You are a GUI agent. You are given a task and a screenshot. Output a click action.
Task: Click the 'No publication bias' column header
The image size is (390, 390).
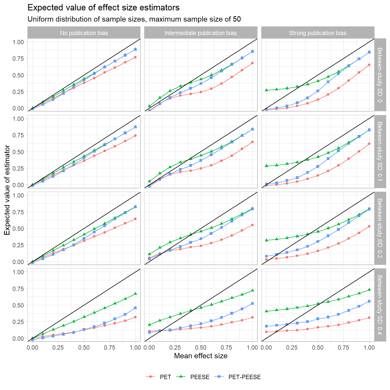(84, 33)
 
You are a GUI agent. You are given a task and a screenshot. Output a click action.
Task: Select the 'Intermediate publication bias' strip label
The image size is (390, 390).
(201, 33)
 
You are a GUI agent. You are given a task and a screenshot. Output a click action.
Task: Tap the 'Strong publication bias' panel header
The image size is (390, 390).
(318, 33)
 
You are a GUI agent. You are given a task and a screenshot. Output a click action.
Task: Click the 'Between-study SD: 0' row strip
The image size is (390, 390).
(380, 75)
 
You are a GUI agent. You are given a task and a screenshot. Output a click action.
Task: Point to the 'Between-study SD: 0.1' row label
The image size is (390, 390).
(380, 151)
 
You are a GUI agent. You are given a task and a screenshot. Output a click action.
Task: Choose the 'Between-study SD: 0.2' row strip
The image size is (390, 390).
(380, 228)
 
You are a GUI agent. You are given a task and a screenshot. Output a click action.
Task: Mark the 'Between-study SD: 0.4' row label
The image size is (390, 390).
(380, 305)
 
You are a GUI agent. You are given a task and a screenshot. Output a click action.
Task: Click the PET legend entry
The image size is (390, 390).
(165, 377)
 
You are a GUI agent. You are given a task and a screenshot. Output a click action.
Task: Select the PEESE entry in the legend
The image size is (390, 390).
(200, 377)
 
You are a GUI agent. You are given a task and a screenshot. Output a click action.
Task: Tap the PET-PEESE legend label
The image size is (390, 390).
(244, 377)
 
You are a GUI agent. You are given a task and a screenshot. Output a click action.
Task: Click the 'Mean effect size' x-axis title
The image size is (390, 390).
(201, 356)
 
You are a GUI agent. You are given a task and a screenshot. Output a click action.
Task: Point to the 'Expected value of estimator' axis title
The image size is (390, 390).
(7, 190)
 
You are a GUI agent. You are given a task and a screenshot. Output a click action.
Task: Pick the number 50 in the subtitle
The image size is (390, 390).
(237, 19)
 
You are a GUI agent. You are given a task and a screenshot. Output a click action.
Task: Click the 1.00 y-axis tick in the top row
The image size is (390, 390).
(18, 42)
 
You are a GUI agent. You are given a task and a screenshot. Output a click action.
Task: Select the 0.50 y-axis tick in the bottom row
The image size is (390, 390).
(18, 305)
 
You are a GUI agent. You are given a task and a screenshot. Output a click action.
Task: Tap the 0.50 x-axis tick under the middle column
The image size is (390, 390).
(201, 348)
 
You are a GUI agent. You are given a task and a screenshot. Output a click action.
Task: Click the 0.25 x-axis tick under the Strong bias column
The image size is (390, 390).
(292, 348)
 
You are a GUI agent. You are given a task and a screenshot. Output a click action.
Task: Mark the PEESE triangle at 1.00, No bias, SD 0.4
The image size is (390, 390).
(135, 294)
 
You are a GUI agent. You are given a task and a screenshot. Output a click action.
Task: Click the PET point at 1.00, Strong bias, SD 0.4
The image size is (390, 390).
(369, 318)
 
